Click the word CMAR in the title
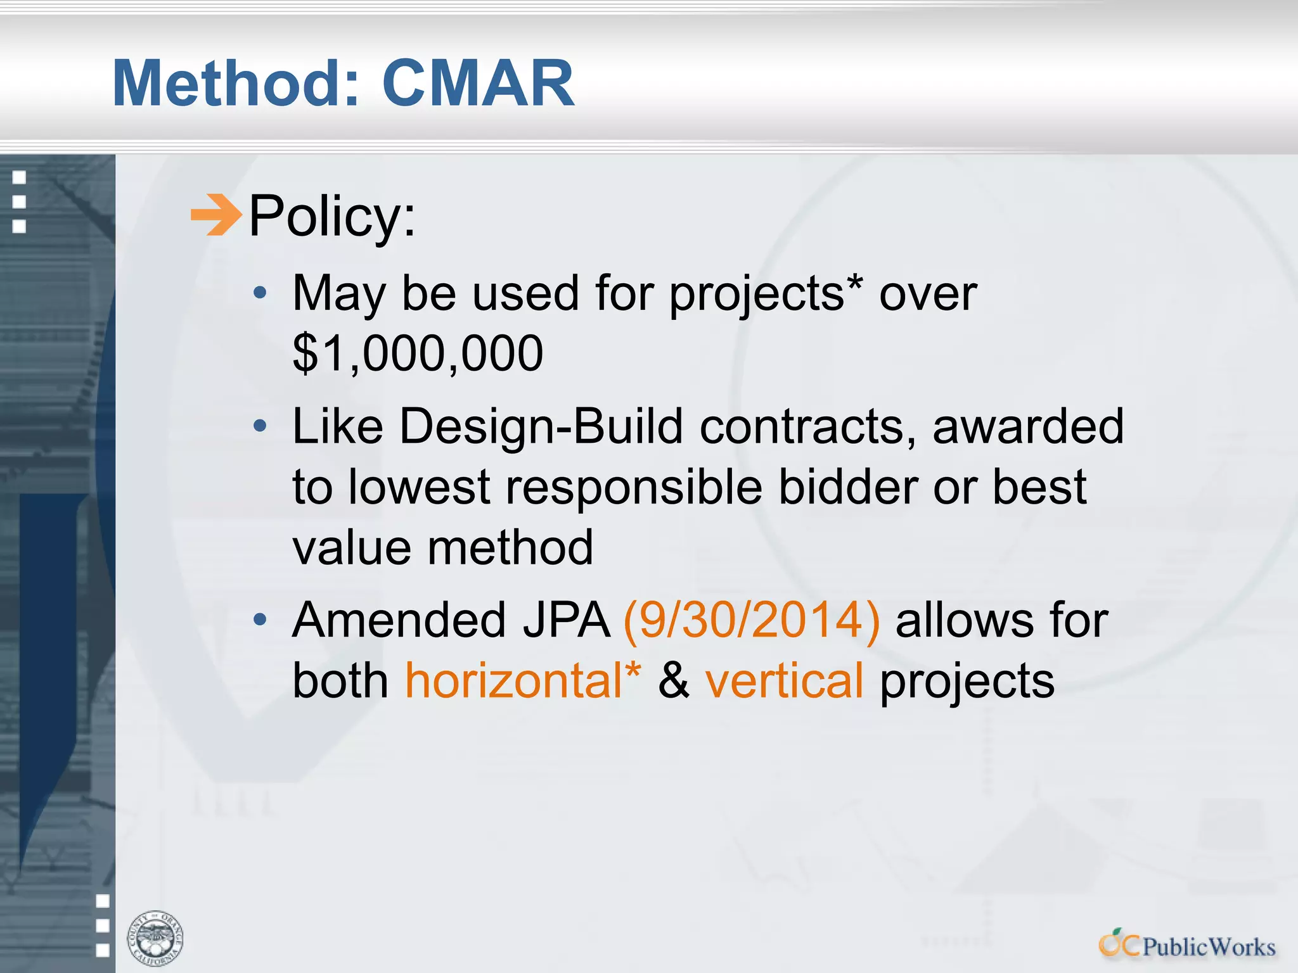(x=479, y=84)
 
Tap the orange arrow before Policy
(x=216, y=215)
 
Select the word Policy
(x=332, y=217)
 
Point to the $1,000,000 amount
(x=418, y=353)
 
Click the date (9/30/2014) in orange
(x=752, y=620)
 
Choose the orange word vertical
(x=785, y=681)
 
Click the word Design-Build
(x=541, y=426)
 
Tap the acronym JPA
(x=566, y=620)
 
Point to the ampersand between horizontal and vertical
(x=673, y=681)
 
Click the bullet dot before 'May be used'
(x=259, y=293)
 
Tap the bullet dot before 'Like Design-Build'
(x=259, y=426)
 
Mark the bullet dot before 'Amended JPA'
(x=259, y=620)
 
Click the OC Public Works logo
(x=1186, y=945)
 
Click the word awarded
(x=1028, y=426)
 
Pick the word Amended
(x=399, y=620)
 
